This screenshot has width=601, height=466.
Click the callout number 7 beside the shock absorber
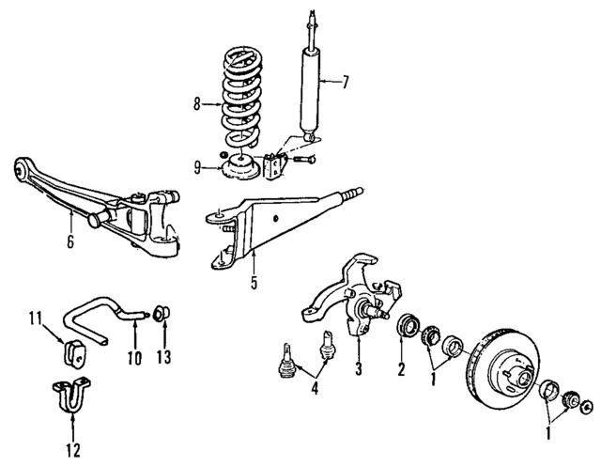(345, 83)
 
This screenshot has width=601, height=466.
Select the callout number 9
(197, 168)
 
